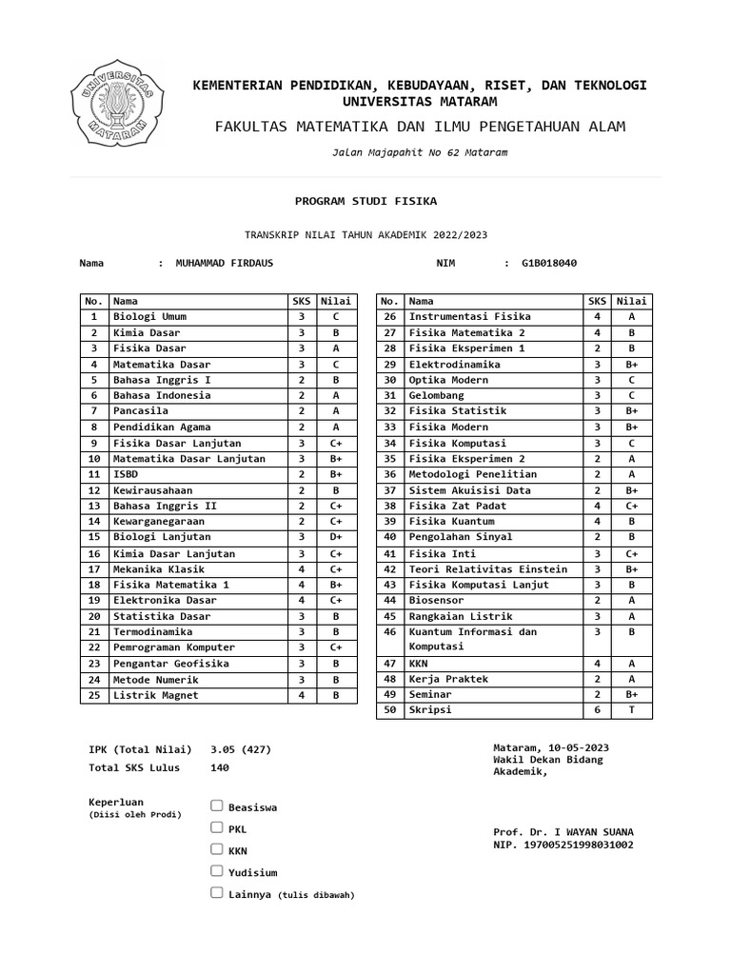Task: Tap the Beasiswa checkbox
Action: click(217, 806)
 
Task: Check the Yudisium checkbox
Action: click(217, 870)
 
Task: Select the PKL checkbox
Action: click(217, 827)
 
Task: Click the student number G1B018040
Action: click(548, 264)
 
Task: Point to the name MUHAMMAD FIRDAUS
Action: click(224, 264)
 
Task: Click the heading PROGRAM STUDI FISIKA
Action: click(365, 202)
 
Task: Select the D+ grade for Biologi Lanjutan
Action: click(335, 538)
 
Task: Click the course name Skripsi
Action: click(430, 710)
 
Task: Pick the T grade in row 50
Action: click(631, 710)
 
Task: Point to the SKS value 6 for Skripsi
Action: click(597, 710)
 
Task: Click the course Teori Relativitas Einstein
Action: click(488, 569)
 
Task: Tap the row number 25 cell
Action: click(94, 695)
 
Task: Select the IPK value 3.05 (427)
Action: click(240, 750)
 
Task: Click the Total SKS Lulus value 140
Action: click(219, 767)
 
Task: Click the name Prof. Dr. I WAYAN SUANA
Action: click(563, 832)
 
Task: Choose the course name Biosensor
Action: click(437, 601)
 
